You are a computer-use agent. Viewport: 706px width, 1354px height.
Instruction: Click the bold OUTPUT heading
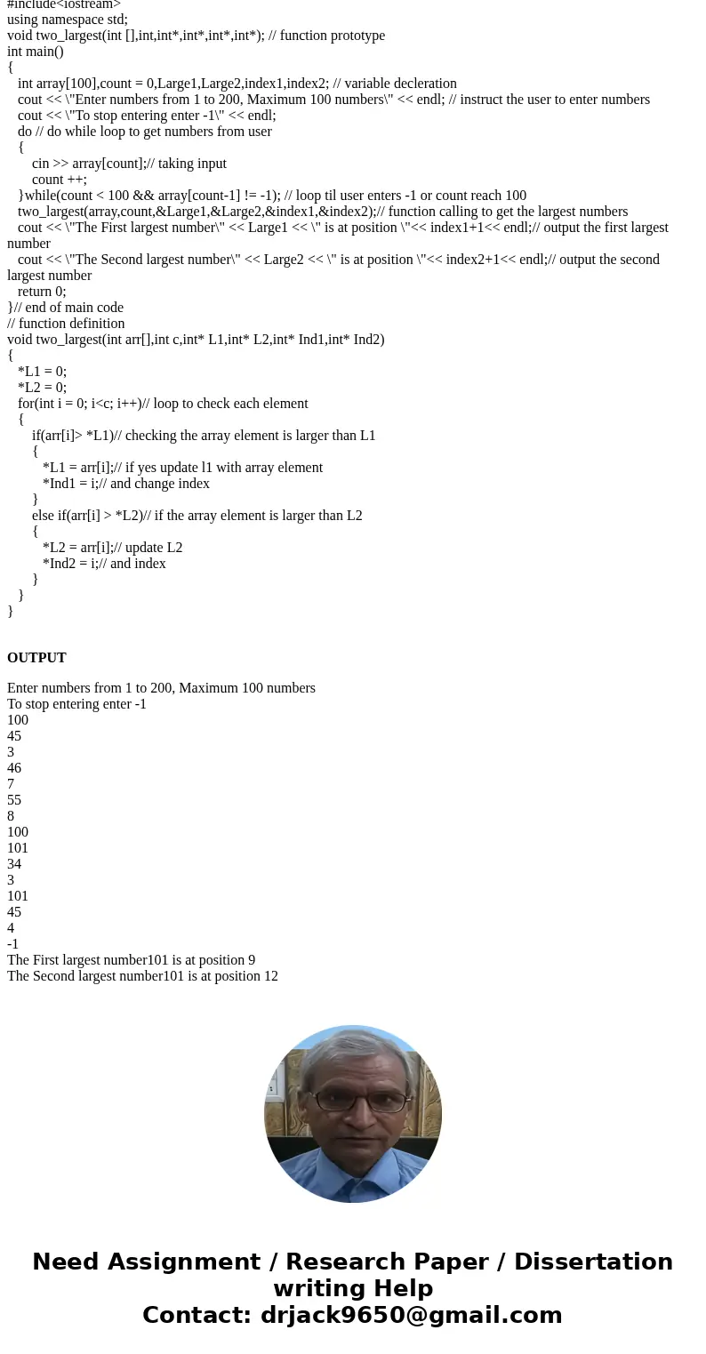[36, 658]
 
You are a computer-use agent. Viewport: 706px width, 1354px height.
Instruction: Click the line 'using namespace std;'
[68, 20]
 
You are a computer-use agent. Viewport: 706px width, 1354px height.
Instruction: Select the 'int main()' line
[36, 52]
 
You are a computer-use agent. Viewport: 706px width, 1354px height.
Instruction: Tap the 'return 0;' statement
[42, 292]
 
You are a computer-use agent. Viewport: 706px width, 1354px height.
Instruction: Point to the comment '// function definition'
[66, 324]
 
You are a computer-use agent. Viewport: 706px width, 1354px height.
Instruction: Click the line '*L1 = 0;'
[42, 372]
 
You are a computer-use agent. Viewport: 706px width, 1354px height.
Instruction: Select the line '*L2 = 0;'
[42, 388]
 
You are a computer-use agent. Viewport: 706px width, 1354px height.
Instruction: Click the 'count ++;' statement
[60, 180]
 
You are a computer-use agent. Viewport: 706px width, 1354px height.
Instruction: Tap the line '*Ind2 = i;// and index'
[104, 564]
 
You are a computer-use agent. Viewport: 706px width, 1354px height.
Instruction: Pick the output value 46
[14, 768]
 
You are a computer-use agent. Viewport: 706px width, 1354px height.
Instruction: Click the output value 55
[14, 800]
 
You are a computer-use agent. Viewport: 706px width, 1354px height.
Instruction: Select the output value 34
[14, 864]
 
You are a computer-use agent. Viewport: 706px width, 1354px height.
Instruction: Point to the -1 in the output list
[12, 944]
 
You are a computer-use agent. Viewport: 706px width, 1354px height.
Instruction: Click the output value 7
[11, 784]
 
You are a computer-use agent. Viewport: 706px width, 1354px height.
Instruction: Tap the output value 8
[11, 816]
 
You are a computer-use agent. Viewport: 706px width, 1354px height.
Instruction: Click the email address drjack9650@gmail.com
[411, 1316]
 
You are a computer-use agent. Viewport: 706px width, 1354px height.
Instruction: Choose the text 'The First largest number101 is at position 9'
[131, 960]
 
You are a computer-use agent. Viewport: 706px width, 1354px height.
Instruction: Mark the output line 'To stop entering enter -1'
[76, 704]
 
